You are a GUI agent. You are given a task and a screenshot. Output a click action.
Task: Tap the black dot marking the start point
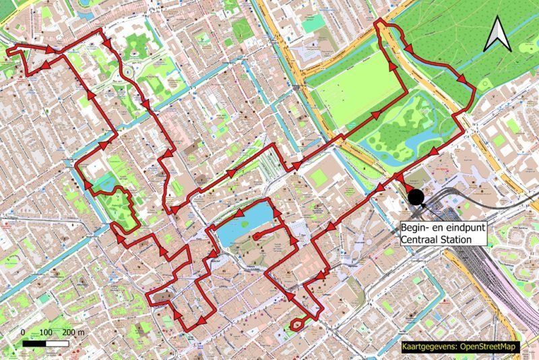416,197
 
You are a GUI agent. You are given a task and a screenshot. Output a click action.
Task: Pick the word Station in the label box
468,239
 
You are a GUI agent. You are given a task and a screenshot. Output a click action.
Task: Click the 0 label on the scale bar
23,332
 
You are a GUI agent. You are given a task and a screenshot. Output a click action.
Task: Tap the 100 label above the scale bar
46,332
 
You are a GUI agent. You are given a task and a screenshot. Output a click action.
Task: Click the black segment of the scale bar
34,343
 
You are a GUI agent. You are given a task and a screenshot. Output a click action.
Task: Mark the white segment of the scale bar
57,343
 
